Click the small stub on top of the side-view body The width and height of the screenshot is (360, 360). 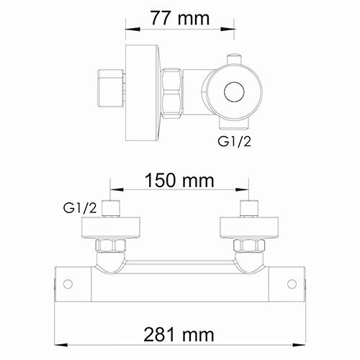(233, 60)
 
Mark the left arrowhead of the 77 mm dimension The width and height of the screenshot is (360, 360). (130, 30)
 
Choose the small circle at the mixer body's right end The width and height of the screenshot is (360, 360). (290, 284)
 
